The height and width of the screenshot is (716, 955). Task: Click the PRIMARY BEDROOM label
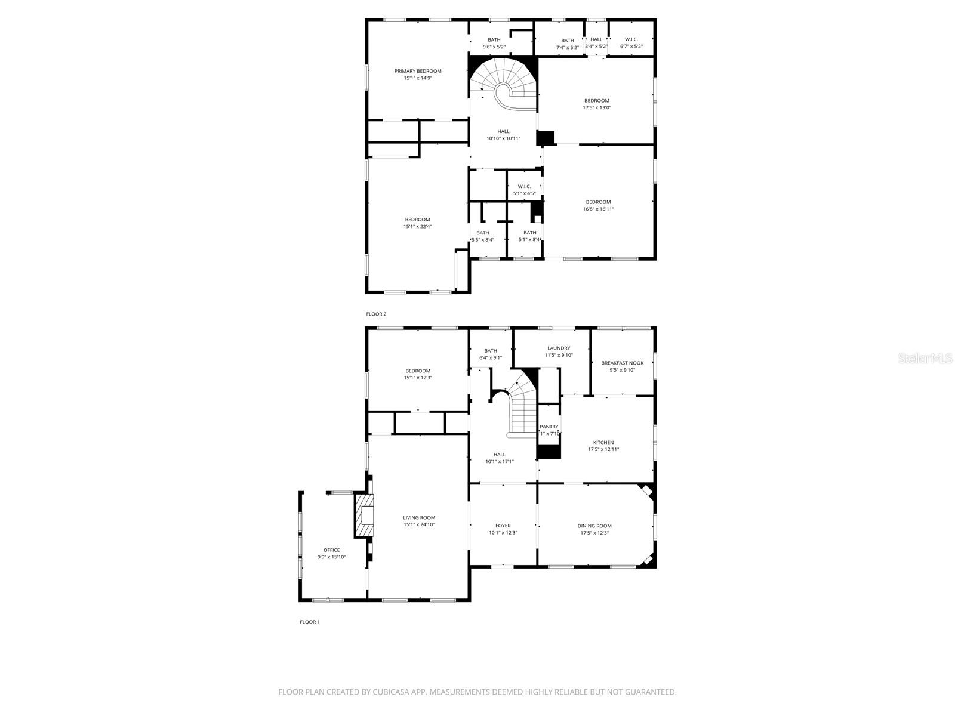point(418,71)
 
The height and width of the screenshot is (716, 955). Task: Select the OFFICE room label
point(331,550)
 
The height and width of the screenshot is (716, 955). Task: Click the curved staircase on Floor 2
point(504,84)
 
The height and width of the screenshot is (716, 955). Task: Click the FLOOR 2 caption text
point(376,314)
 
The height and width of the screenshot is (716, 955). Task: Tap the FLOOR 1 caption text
point(309,622)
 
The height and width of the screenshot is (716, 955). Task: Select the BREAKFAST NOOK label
point(622,363)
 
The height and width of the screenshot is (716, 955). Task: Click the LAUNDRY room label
point(559,348)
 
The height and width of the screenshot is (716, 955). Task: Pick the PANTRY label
point(549,427)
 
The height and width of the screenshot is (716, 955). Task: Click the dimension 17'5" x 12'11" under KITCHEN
point(603,449)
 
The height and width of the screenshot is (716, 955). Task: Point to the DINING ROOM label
point(594,526)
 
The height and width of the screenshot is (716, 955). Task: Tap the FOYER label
point(503,526)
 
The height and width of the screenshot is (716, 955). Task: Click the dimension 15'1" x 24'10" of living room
point(419,525)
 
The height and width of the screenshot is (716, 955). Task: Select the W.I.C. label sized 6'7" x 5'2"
point(631,39)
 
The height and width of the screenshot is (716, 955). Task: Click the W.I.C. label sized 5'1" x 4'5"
point(524,186)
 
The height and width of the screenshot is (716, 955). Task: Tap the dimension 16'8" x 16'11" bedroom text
point(598,209)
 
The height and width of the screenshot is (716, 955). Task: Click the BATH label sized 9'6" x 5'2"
point(494,39)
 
